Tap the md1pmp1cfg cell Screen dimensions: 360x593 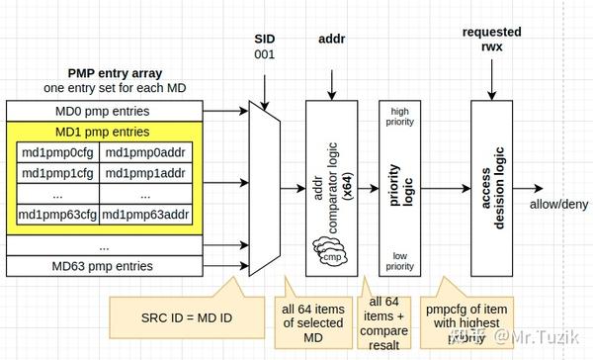58,172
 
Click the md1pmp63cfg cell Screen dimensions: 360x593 58,214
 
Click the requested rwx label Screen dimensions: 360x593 491,41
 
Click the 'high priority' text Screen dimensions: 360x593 399,116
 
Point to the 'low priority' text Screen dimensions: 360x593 399,259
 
